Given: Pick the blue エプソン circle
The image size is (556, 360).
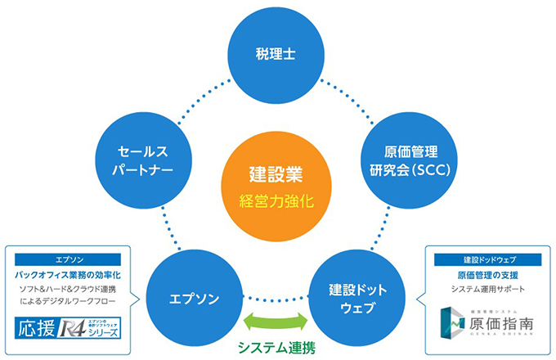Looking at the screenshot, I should [193, 298].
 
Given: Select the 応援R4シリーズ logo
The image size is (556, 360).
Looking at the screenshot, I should [69, 330].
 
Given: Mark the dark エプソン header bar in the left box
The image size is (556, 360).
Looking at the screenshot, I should [69, 255].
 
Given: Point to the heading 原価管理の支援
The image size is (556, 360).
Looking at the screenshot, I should [486, 275].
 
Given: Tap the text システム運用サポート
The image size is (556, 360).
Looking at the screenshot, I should [486, 290].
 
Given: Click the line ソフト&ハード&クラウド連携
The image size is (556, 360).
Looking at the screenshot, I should [69, 290].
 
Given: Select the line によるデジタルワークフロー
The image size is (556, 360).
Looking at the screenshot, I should [69, 304].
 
